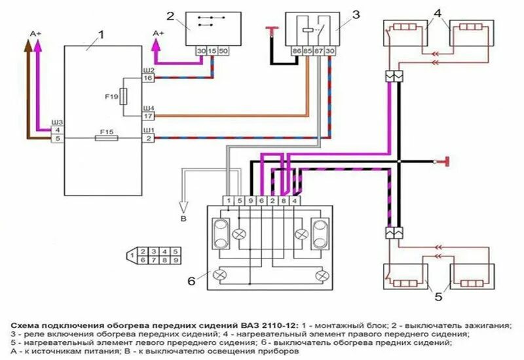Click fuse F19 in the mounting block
click(124, 97)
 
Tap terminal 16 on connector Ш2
click(149, 79)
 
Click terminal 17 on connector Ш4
click(149, 117)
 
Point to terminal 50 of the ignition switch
click(223, 50)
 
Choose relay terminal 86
click(296, 50)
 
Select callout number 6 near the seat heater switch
click(191, 281)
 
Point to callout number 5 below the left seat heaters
click(437, 297)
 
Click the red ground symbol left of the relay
click(271, 28)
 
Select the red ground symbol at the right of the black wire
click(446, 161)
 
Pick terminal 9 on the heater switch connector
click(250, 200)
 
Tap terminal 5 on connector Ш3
click(58, 139)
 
